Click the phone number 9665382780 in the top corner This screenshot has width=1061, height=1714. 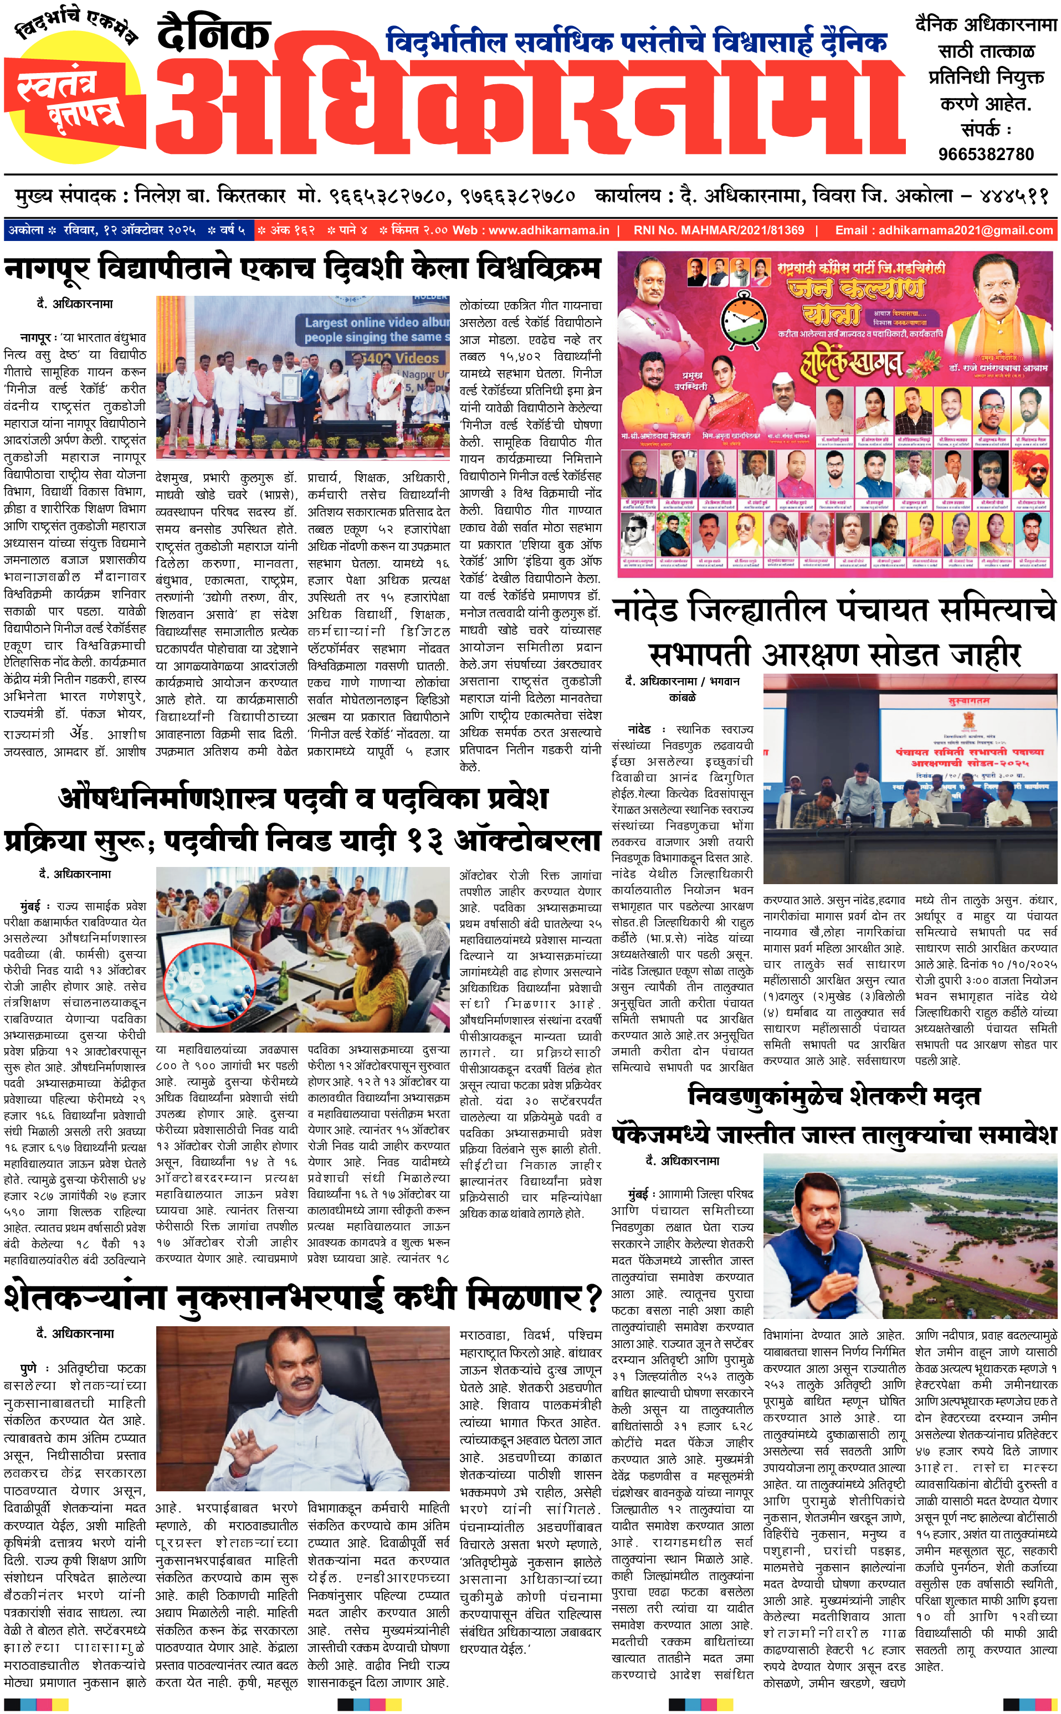[x=986, y=153]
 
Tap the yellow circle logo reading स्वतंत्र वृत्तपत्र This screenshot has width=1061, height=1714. [x=74, y=88]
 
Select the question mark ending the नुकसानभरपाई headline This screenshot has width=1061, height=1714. [x=593, y=1299]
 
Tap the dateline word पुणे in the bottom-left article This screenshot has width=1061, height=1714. [x=29, y=1369]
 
